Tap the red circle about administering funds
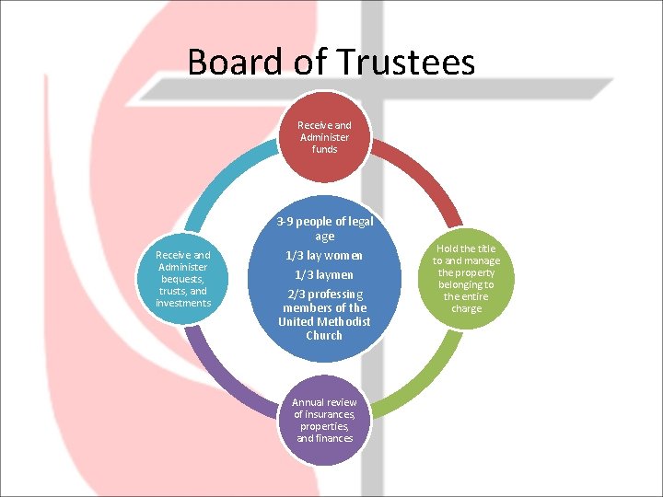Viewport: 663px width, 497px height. [x=324, y=137]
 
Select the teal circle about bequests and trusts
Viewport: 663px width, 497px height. [x=183, y=278]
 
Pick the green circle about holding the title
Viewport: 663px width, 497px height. [x=466, y=278]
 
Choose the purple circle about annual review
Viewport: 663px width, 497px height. [x=324, y=420]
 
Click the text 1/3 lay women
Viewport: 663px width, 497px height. [x=324, y=255]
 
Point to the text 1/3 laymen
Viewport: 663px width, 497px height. [x=324, y=274]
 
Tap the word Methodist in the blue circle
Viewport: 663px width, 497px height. [x=346, y=321]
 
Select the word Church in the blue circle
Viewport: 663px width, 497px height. [x=324, y=335]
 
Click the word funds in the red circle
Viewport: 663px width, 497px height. [x=324, y=149]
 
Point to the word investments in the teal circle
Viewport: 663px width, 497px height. [x=183, y=303]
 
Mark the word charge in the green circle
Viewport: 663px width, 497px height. [x=466, y=308]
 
